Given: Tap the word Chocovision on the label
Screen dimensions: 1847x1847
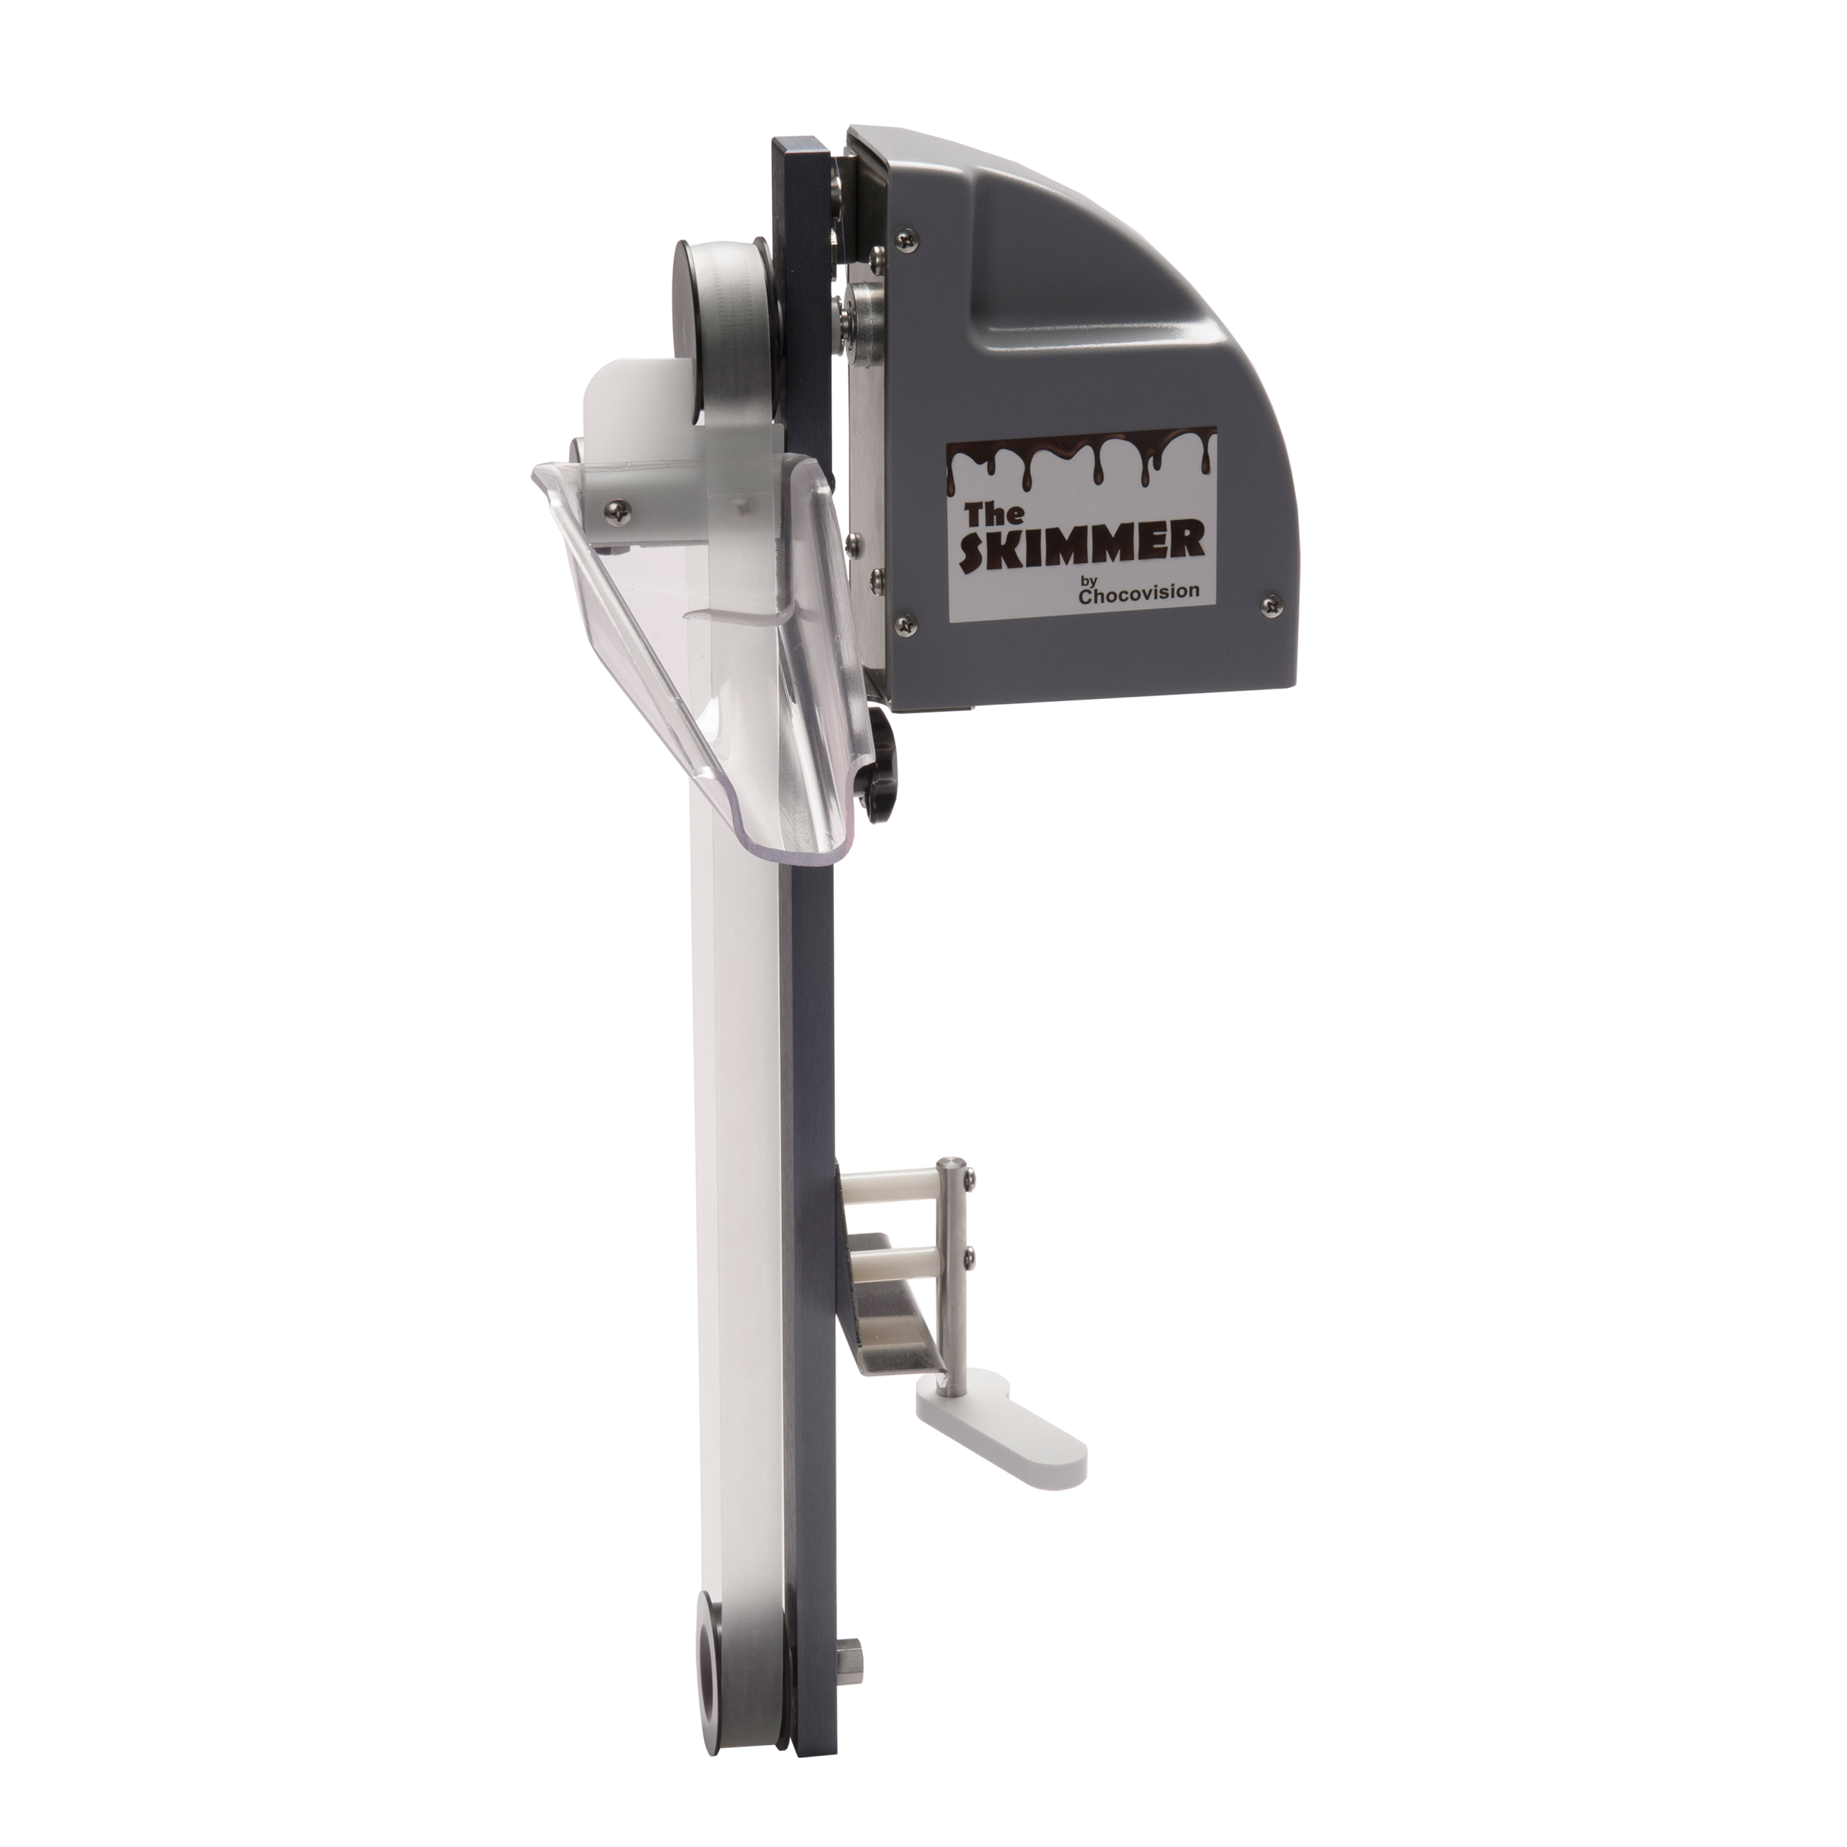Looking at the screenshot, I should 1138,593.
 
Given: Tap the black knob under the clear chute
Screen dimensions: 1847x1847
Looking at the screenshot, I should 878,774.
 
